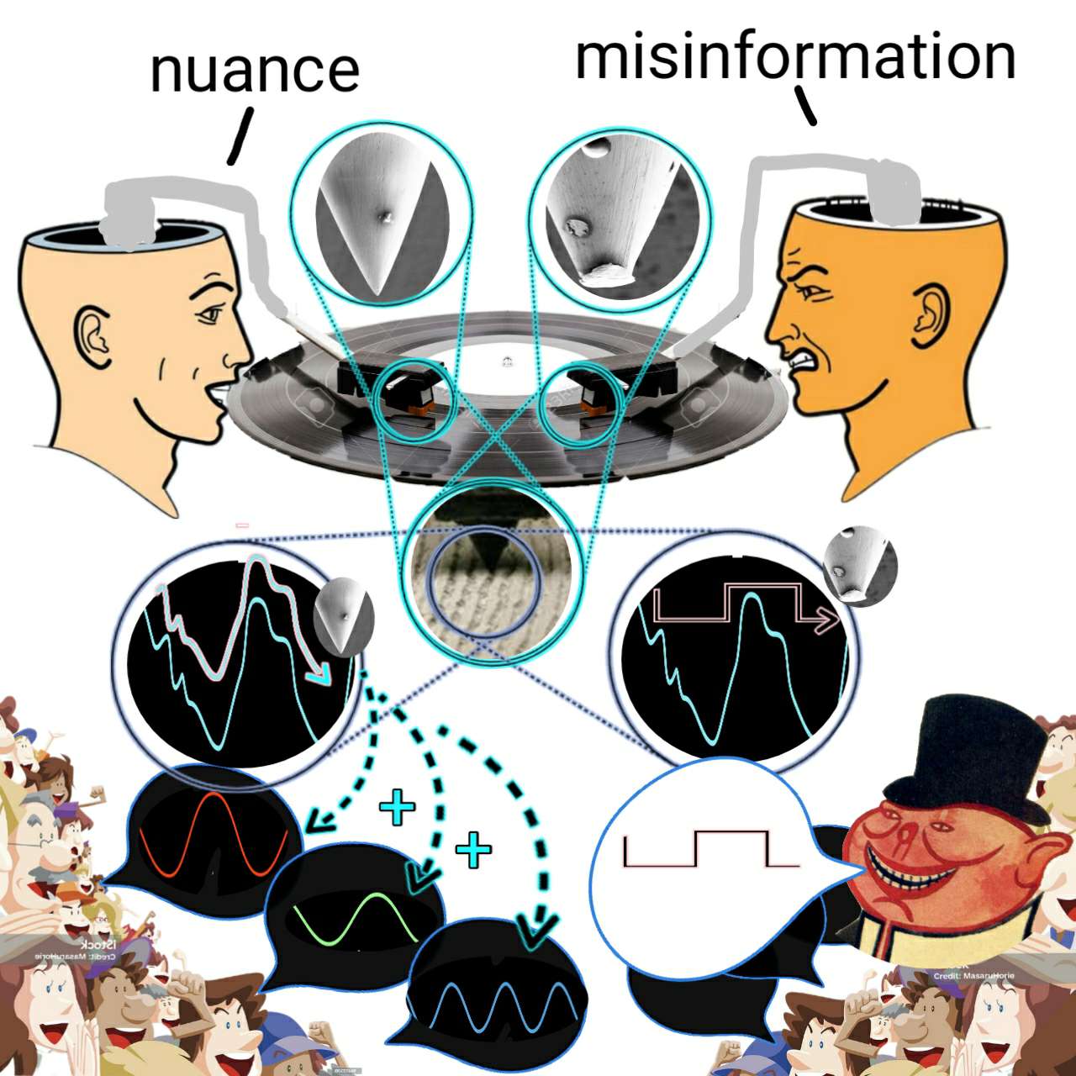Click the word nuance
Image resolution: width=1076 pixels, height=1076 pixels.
(255, 71)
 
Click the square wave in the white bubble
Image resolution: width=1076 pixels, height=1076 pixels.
(710, 849)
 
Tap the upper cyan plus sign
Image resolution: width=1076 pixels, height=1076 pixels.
(397, 808)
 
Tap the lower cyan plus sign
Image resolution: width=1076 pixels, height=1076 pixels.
(473, 850)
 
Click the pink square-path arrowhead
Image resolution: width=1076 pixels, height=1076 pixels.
(827, 620)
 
